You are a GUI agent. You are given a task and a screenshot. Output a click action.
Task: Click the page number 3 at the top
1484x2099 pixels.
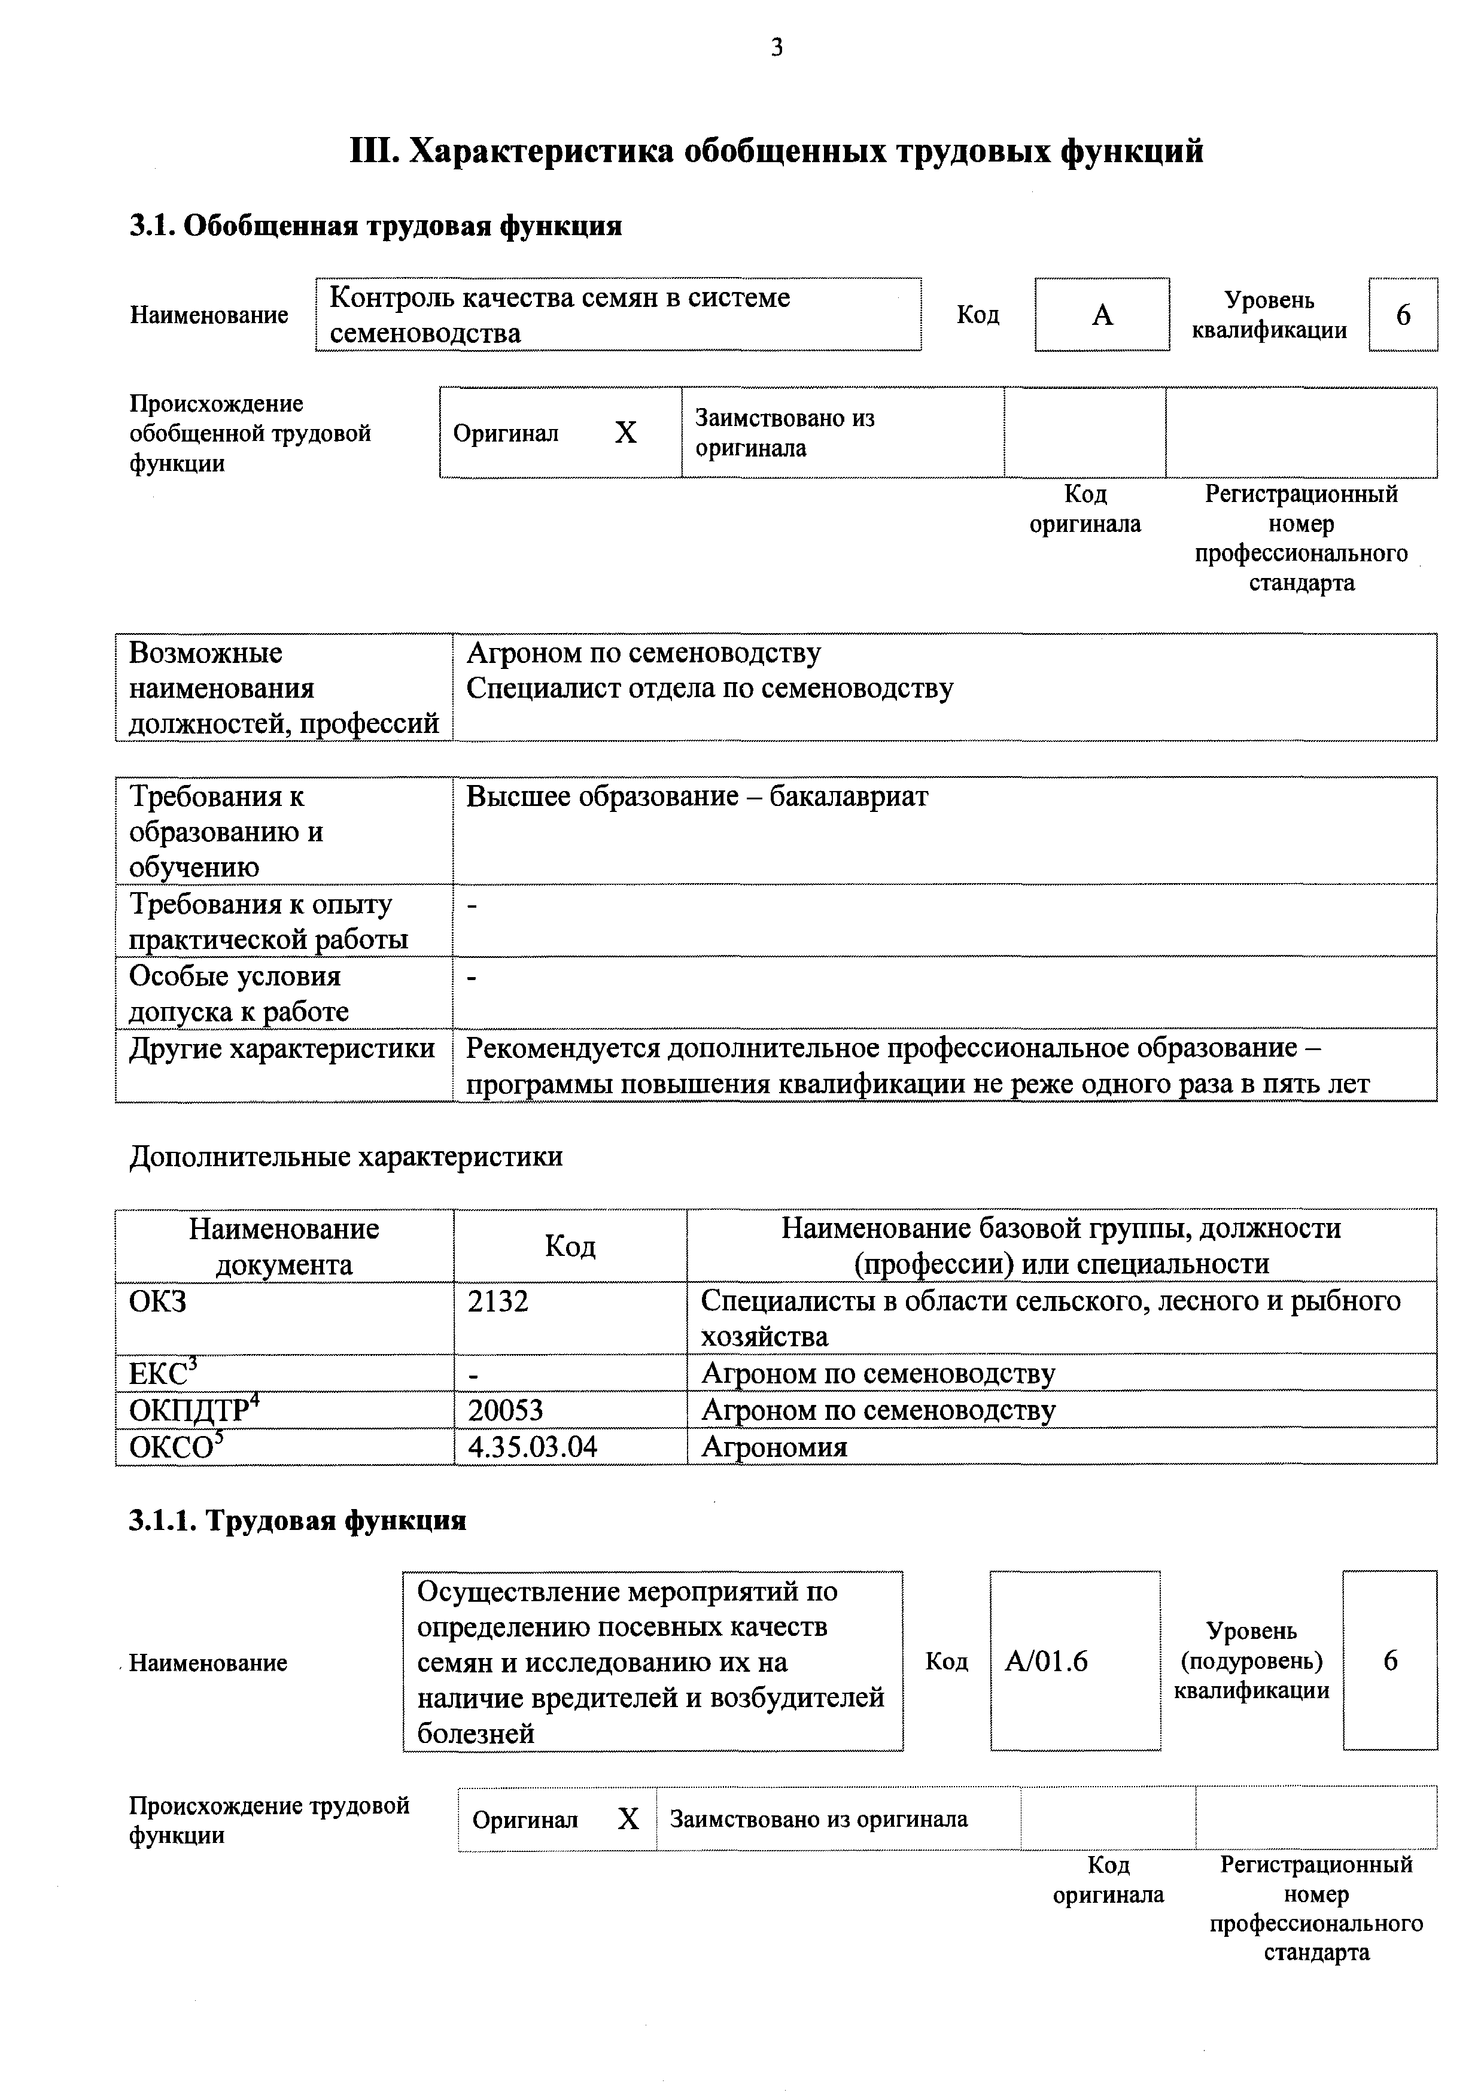pyautogui.click(x=776, y=47)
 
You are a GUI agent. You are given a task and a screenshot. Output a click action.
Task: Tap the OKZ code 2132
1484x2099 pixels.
pyautogui.click(x=498, y=1301)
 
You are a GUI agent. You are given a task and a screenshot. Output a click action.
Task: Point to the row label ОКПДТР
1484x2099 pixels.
pyautogui.click(x=189, y=1411)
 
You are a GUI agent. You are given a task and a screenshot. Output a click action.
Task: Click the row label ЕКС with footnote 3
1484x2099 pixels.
pyautogui.click(x=161, y=1374)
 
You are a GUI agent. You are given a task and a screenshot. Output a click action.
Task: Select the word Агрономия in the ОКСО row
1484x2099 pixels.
pyautogui.click(x=774, y=1447)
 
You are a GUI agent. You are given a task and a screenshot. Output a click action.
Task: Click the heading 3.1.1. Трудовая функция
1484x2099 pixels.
pyautogui.click(x=297, y=1520)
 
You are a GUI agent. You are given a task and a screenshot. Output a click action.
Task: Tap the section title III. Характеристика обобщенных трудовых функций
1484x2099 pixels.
pyautogui.click(x=776, y=151)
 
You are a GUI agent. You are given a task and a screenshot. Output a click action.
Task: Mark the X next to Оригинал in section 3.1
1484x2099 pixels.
pyautogui.click(x=625, y=433)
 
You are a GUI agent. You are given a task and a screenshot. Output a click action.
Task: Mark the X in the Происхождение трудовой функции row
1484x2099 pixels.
pyautogui.click(x=628, y=1819)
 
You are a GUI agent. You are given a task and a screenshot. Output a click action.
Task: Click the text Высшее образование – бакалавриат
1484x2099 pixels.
pyautogui.click(x=697, y=796)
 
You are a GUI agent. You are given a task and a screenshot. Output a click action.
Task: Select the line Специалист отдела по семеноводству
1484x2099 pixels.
pyautogui.click(x=710, y=688)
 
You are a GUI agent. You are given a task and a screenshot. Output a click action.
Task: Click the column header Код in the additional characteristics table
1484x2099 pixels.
pyautogui.click(x=570, y=1246)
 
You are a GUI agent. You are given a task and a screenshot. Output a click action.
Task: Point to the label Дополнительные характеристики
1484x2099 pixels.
pyautogui.click(x=346, y=1157)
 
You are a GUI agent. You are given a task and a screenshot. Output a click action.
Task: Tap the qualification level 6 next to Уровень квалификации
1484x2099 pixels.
pyautogui.click(x=1403, y=315)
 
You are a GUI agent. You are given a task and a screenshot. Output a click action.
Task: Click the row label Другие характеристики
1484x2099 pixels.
pyautogui.click(x=282, y=1048)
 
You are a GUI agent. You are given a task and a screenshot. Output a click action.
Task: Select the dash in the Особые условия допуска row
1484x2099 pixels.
pyautogui.click(x=472, y=977)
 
